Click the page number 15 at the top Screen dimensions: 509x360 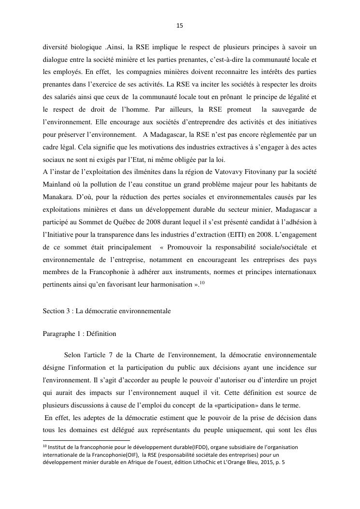[x=180, y=26]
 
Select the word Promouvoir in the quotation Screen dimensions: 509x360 [x=182, y=247]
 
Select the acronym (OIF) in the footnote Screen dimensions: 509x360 [x=130, y=455]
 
